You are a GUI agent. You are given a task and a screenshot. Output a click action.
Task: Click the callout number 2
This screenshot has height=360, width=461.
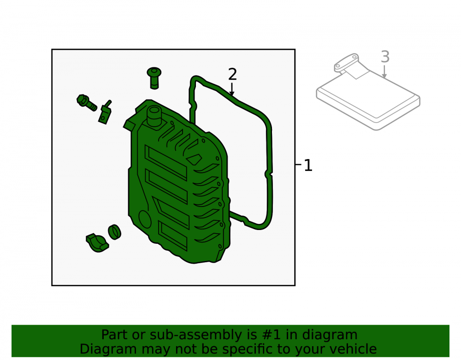232,74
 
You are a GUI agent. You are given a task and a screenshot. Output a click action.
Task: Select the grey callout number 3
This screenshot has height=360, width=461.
385,57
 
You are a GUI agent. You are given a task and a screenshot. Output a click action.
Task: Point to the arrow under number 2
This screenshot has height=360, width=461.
232,89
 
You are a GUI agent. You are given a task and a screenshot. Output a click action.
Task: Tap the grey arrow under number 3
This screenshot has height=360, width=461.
384,72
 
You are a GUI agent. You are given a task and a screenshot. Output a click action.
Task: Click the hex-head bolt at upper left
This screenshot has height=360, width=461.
87,103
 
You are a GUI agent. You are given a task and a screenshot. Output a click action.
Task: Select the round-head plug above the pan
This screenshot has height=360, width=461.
154,78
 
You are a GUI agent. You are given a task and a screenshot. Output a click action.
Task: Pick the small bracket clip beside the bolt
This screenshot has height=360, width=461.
105,112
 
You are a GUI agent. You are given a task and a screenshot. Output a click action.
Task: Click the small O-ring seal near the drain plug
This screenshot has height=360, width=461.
114,232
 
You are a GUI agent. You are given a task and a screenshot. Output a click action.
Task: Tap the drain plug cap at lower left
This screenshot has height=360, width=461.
97,243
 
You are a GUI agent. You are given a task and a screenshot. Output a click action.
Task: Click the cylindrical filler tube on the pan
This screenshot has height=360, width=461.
154,117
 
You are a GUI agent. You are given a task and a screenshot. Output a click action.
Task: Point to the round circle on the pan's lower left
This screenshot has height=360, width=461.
145,219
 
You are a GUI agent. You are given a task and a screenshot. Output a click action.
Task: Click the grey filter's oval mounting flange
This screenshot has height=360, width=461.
346,62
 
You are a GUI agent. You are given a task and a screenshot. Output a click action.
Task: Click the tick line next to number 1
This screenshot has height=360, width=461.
298,165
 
